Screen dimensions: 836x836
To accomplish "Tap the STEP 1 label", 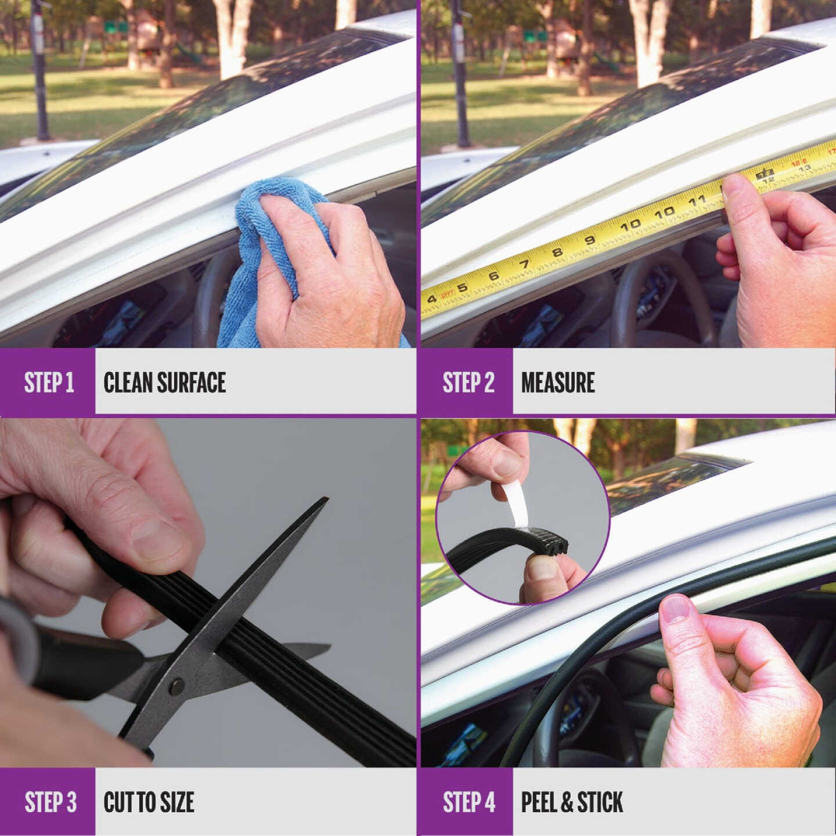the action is [49, 383].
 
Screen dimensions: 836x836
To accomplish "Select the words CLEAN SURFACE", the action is [164, 383].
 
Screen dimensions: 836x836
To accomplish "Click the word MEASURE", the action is [557, 383].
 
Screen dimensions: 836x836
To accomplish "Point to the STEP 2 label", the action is [468, 383].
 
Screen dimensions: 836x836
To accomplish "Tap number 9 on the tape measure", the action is [590, 239].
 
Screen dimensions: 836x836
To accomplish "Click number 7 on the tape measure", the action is [525, 264].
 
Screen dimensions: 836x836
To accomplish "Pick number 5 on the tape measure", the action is [463, 287].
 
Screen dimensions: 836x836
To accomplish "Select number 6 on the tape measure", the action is [493, 276].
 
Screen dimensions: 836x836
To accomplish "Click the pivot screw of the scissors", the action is [176, 685].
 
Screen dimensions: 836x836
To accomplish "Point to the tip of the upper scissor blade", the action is [327, 498].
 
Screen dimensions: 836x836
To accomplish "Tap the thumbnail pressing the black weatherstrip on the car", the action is [675, 608].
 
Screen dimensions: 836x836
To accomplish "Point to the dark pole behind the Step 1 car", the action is [41, 70].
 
